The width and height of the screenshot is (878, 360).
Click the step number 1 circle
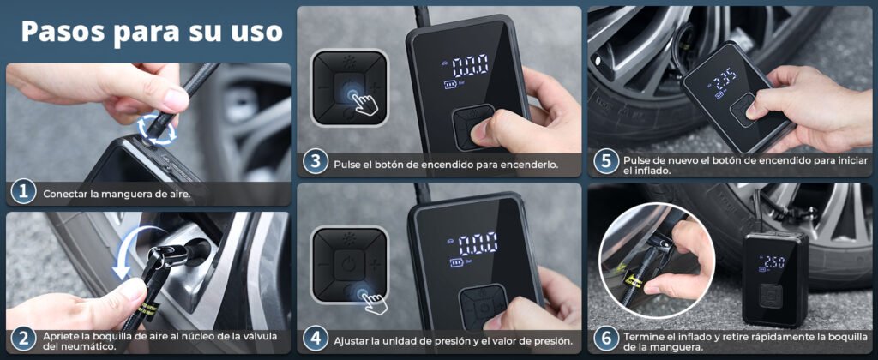[23, 192]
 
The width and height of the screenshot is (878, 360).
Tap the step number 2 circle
[23, 339]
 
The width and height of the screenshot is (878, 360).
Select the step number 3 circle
[316, 162]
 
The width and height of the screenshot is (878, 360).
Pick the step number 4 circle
[316, 339]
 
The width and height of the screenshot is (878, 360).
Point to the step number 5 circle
[606, 162]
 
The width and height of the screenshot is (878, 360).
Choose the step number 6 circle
[606, 339]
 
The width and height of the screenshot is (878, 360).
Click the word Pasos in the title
[63, 32]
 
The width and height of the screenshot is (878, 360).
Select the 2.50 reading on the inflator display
[774, 261]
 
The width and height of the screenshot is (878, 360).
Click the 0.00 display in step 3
[470, 65]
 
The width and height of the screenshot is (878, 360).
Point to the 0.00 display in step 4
[478, 243]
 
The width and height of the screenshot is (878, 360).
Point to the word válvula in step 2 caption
[259, 336]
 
